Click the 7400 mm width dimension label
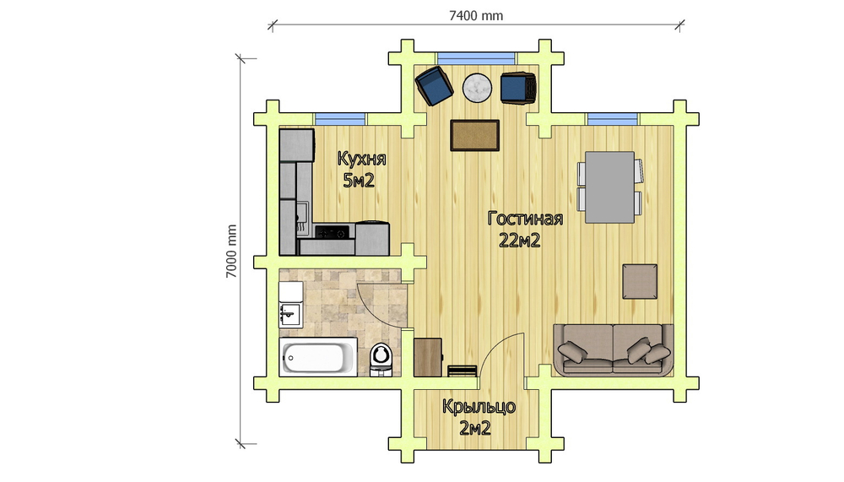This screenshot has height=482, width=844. coord(476,16)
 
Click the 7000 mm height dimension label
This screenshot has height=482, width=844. coord(231,252)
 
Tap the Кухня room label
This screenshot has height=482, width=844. coord(361,159)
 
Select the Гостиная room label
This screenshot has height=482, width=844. coord(525,219)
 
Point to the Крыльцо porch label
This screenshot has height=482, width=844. coord(479,407)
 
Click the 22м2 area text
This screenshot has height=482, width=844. coord(519,241)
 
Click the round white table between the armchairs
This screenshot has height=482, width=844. coord(477,87)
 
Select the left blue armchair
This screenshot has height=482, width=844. coord(434,85)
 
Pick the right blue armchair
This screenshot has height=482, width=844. coord(518,88)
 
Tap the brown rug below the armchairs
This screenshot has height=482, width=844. coord(474,135)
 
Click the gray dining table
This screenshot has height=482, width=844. coord(609,187)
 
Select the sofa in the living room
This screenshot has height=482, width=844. coord(614,349)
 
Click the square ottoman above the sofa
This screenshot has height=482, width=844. coord(640,281)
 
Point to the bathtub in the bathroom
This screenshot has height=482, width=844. coord(317,356)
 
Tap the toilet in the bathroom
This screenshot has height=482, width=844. coord(381,359)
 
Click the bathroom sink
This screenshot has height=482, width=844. coord(290,315)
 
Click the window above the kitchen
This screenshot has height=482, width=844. coord(340,118)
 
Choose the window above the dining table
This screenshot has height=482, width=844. coord(613,118)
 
